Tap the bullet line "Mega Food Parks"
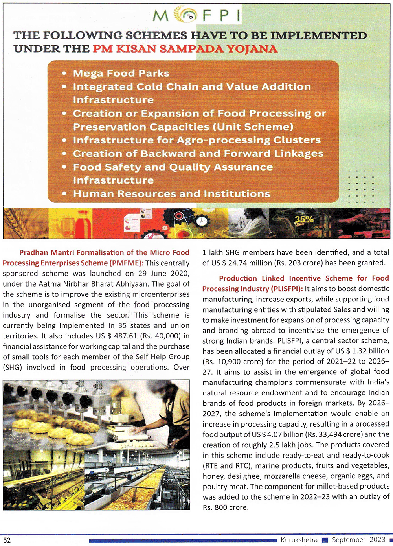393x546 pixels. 121,74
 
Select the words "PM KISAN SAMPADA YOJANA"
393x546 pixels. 185,49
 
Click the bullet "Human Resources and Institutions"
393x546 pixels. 171,194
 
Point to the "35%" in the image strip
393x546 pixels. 304,219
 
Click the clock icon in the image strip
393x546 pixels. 202,221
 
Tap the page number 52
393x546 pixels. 7,540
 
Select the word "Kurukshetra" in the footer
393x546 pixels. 299,540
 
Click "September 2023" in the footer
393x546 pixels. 358,540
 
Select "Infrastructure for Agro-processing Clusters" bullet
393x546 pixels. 196,140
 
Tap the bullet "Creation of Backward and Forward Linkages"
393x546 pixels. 198,154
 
